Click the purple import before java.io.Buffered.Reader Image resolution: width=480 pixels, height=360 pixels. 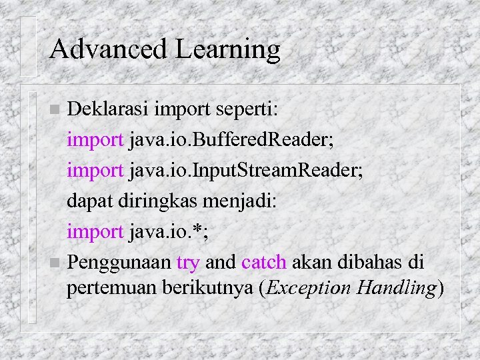coord(95,140)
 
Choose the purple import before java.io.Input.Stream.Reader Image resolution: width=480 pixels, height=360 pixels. coord(95,171)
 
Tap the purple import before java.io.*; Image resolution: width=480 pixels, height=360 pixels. coord(95,232)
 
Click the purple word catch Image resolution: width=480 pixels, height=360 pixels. coord(265,262)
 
